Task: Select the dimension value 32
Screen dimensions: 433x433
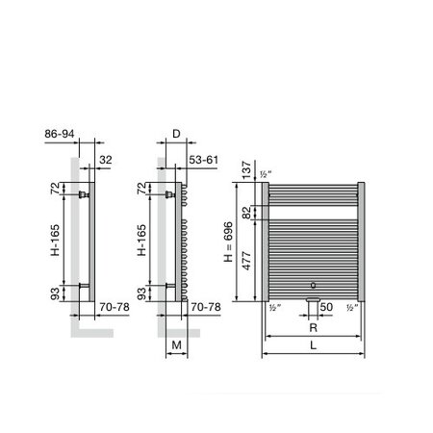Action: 106,159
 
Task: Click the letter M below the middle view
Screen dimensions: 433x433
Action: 176,345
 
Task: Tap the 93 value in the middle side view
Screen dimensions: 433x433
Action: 142,292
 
